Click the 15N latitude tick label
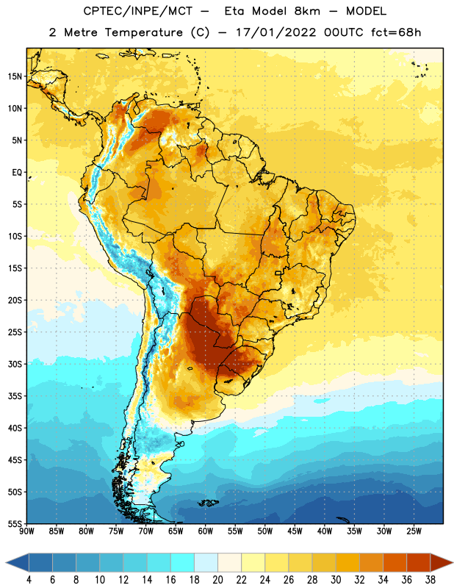[15, 76]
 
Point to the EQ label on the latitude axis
[17, 173]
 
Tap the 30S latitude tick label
[15, 364]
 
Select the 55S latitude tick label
[15, 524]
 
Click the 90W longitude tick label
[26, 531]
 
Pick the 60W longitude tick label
[206, 531]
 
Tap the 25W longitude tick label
[414, 531]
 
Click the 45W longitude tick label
[295, 531]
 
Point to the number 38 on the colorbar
[430, 580]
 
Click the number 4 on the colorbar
[29, 580]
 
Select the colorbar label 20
[217, 580]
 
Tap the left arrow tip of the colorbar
[6, 562]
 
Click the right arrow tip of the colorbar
[453, 562]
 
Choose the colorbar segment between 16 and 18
[182, 562]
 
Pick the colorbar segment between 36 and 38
[419, 562]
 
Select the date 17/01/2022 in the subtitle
[276, 32]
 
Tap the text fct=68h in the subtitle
[396, 32]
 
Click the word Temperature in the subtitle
[144, 32]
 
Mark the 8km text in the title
[307, 11]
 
